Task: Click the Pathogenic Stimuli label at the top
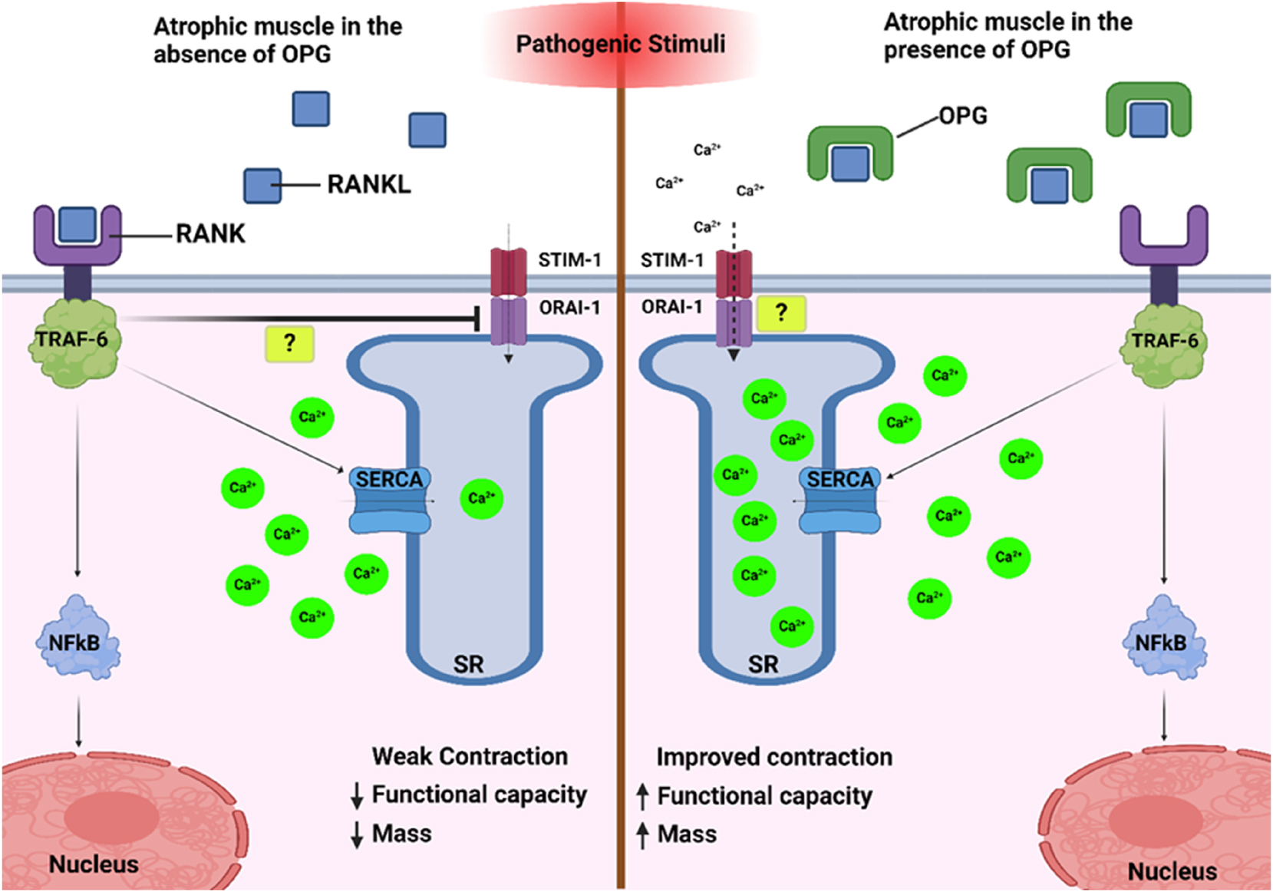tap(620, 44)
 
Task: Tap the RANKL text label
tap(369, 184)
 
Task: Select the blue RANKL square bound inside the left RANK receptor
tap(78, 223)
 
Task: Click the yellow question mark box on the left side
tap(289, 343)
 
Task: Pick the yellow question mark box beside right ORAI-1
tap(781, 313)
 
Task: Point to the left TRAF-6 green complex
tap(73, 342)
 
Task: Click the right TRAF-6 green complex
tap(1164, 343)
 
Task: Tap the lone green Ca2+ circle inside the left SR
tap(482, 498)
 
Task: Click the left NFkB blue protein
tap(77, 641)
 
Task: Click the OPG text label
tap(963, 116)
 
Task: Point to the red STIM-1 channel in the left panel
tap(508, 272)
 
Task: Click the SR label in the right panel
tap(763, 664)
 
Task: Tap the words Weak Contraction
tap(470, 756)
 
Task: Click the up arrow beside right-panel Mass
tap(643, 834)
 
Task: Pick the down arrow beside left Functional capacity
tap(357, 796)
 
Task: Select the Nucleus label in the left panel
tap(94, 864)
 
